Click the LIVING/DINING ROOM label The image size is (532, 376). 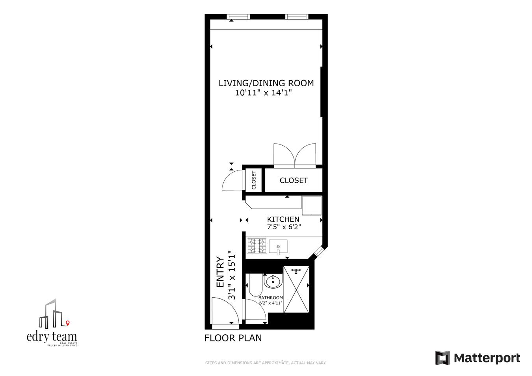pyautogui.click(x=266, y=83)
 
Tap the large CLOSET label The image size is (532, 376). pyautogui.click(x=294, y=180)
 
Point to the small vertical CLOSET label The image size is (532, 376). pyautogui.click(x=254, y=180)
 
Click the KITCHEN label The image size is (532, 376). pyautogui.click(x=283, y=219)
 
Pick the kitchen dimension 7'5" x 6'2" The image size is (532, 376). pyautogui.click(x=284, y=227)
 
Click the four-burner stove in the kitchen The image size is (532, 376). pyautogui.click(x=257, y=246)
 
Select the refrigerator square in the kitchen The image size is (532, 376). pyautogui.click(x=312, y=206)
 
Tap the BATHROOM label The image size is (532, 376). pyautogui.click(x=270, y=298)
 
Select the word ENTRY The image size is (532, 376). pyautogui.click(x=220, y=272)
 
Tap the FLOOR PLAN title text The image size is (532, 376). pyautogui.click(x=233, y=338)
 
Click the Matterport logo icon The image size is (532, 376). pyautogui.click(x=442, y=358)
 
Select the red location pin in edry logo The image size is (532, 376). pyautogui.click(x=68, y=323)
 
